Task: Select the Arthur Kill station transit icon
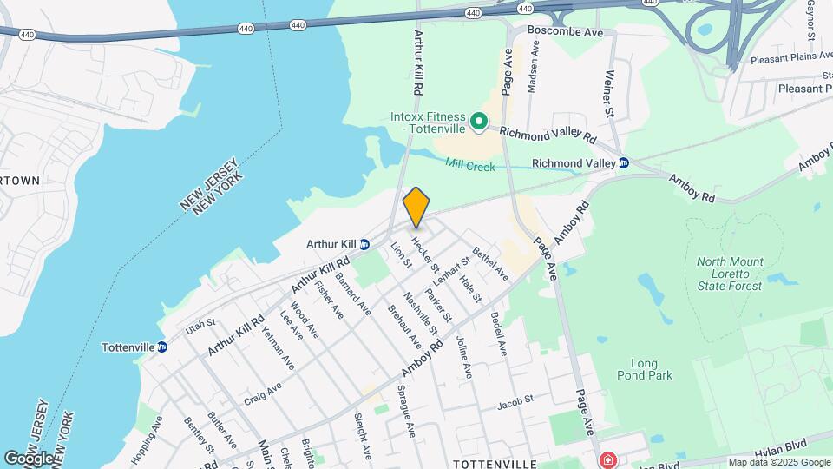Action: [x=365, y=244]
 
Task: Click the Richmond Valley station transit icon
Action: [x=623, y=162]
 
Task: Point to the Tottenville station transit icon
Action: [x=162, y=347]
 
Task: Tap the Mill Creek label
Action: [x=469, y=164]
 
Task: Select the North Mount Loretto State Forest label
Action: [x=731, y=274]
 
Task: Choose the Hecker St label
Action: [x=426, y=254]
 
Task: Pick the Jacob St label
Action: [x=513, y=405]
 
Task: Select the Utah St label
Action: [x=200, y=327]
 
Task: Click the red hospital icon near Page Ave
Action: [x=608, y=459]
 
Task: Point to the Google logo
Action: [x=29, y=458]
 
